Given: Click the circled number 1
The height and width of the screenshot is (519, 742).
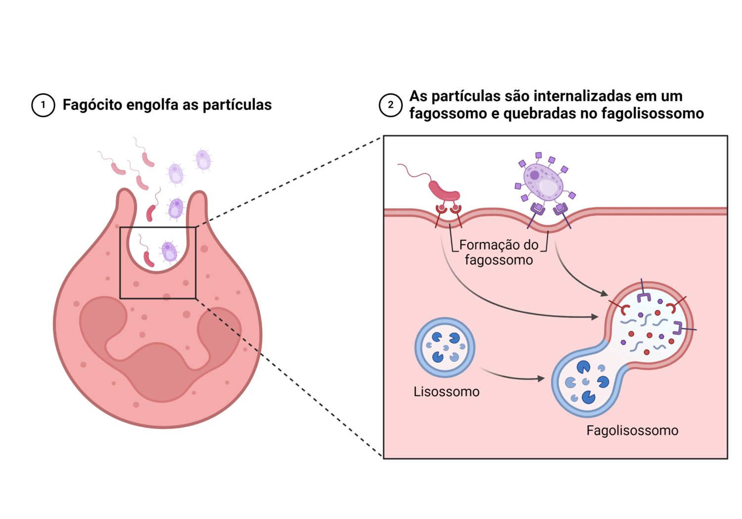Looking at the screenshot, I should [43, 105].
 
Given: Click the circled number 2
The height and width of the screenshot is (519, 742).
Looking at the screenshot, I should [391, 105].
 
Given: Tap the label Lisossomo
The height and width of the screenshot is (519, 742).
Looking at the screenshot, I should [446, 391].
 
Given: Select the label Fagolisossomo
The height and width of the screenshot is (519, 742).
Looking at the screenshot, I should [632, 431].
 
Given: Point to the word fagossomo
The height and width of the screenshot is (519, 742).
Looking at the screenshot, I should [499, 260].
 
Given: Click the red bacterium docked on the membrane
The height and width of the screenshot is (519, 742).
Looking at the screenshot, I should [443, 190].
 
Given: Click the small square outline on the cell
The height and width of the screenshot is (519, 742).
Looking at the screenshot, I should [158, 262].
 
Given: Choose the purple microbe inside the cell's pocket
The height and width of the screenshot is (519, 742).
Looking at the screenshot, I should [169, 252].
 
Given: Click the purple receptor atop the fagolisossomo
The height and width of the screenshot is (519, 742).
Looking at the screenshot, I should [643, 296].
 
